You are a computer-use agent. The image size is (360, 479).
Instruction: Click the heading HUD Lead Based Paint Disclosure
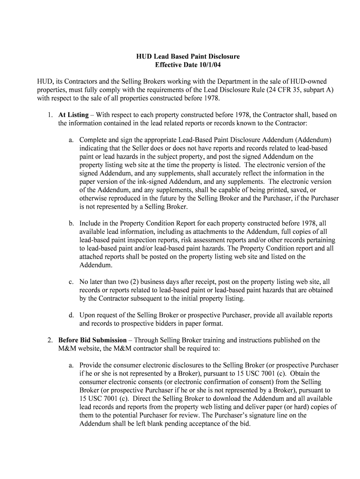(x=188, y=57)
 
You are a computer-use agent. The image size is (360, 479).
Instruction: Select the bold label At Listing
(x=73, y=115)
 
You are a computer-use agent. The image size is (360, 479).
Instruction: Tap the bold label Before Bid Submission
(x=92, y=340)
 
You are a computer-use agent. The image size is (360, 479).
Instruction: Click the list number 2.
(x=49, y=340)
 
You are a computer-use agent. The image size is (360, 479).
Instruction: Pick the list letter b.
(x=71, y=223)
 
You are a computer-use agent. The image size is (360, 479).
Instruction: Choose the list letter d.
(x=71, y=315)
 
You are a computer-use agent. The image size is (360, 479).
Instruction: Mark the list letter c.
(x=71, y=282)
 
